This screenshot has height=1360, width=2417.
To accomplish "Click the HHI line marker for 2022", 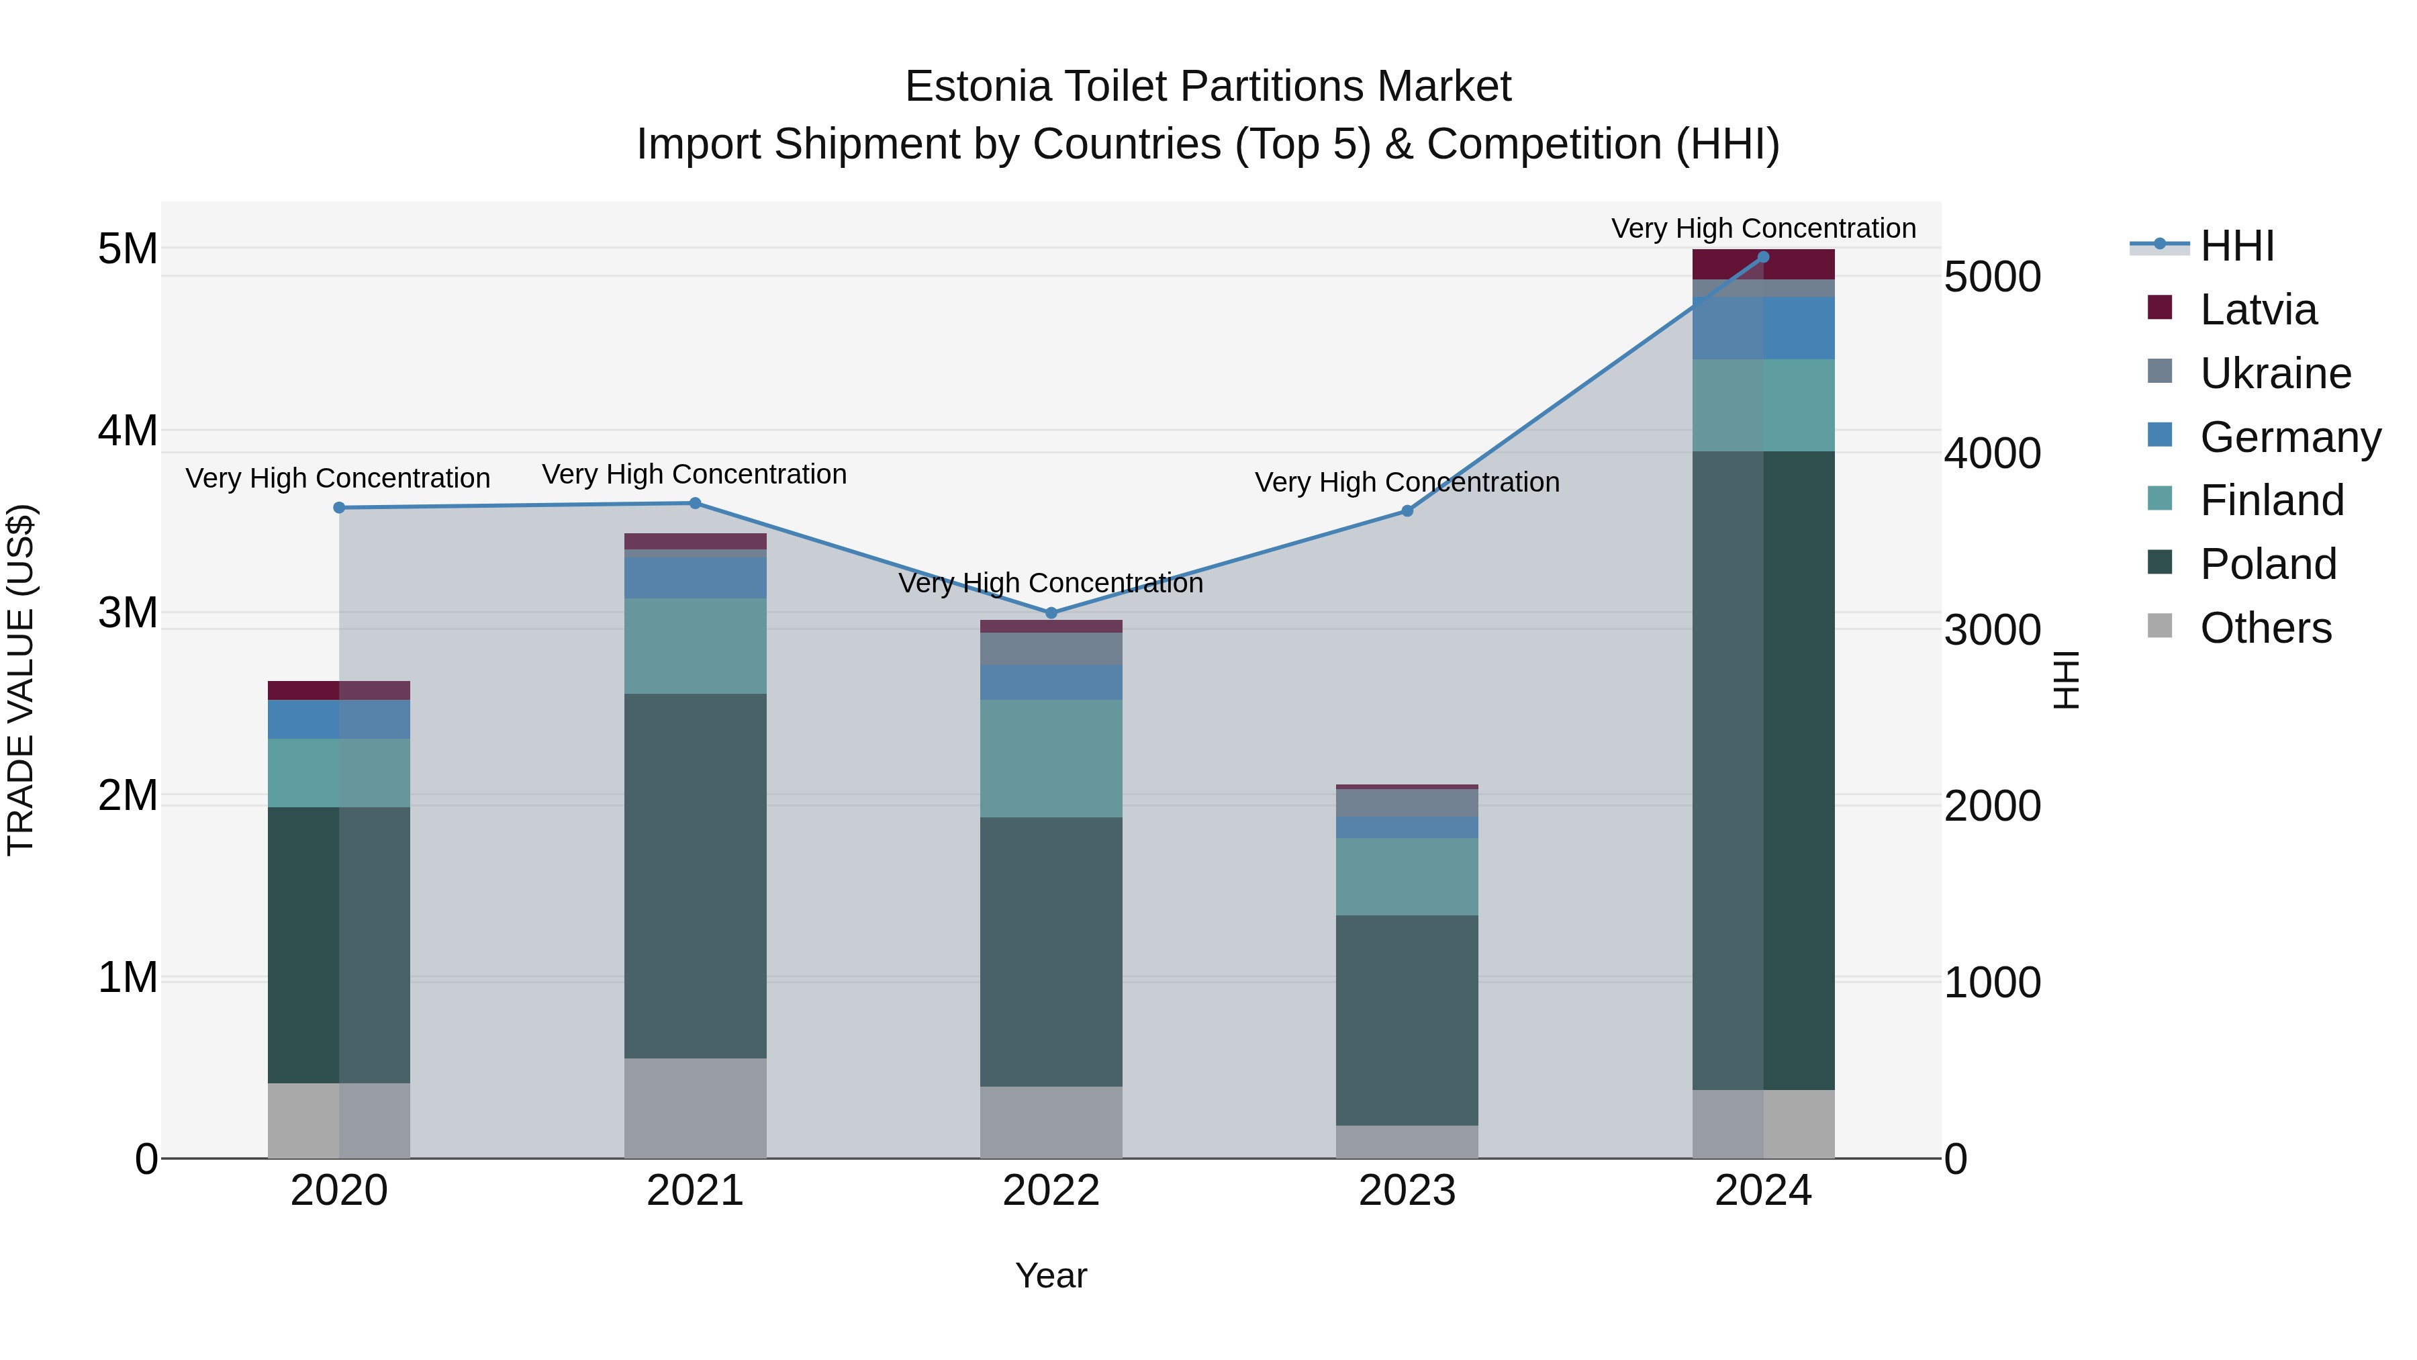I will pos(1051,613).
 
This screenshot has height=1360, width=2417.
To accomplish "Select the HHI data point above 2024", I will pos(1763,257).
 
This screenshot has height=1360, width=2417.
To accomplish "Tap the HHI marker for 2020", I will pos(340,508).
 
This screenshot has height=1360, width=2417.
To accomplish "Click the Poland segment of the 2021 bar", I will pos(696,876).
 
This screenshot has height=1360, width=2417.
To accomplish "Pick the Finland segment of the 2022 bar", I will pos(1051,758).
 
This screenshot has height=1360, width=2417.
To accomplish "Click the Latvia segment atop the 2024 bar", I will pos(1763,265).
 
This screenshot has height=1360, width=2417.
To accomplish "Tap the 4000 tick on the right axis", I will pos(1992,453).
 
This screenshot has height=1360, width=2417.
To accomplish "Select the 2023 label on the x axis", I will pos(1407,1191).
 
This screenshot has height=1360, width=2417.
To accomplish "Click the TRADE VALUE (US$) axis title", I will pos(21,680).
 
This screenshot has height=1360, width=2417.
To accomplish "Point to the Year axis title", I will pos(1051,1275).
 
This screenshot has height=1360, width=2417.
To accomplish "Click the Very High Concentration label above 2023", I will pos(1407,482).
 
